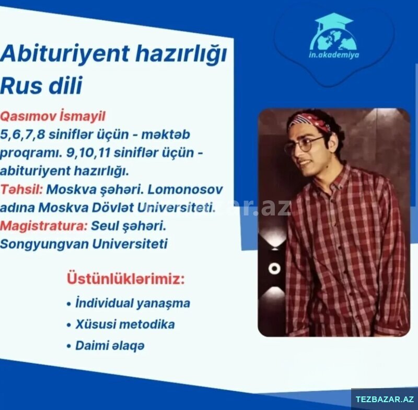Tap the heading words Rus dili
click(x=41, y=86)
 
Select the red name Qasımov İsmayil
click(x=53, y=116)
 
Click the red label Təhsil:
click(x=21, y=189)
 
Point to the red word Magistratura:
click(x=44, y=226)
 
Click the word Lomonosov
click(x=185, y=189)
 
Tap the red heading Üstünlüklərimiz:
click(x=125, y=279)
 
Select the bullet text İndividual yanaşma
click(x=133, y=303)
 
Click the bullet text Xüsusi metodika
click(x=125, y=324)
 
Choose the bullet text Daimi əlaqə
click(x=110, y=346)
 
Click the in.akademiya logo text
click(x=334, y=55)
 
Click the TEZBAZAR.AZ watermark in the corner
click(x=385, y=399)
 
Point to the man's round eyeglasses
click(x=304, y=145)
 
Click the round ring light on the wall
click(x=274, y=268)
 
